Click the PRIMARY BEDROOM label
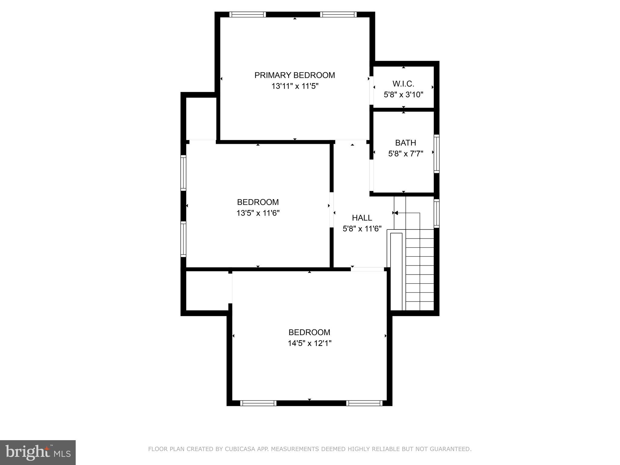click(x=295, y=75)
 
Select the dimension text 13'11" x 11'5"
click(x=295, y=86)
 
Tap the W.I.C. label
click(x=403, y=84)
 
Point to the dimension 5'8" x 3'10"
click(x=403, y=94)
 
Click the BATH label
click(x=405, y=143)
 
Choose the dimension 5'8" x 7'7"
click(x=405, y=154)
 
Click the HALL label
click(x=362, y=218)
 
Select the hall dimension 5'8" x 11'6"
click(x=362, y=229)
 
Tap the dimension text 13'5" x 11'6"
click(x=258, y=213)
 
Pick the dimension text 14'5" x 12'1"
click(x=309, y=343)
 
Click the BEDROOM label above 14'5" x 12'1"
click(x=309, y=332)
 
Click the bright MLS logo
click(x=38, y=452)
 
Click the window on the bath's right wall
click(x=436, y=154)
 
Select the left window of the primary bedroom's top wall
click(x=247, y=15)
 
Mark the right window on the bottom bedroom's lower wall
click(x=364, y=403)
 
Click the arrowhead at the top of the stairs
click(x=396, y=213)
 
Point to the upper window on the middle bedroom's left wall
click(x=183, y=173)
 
